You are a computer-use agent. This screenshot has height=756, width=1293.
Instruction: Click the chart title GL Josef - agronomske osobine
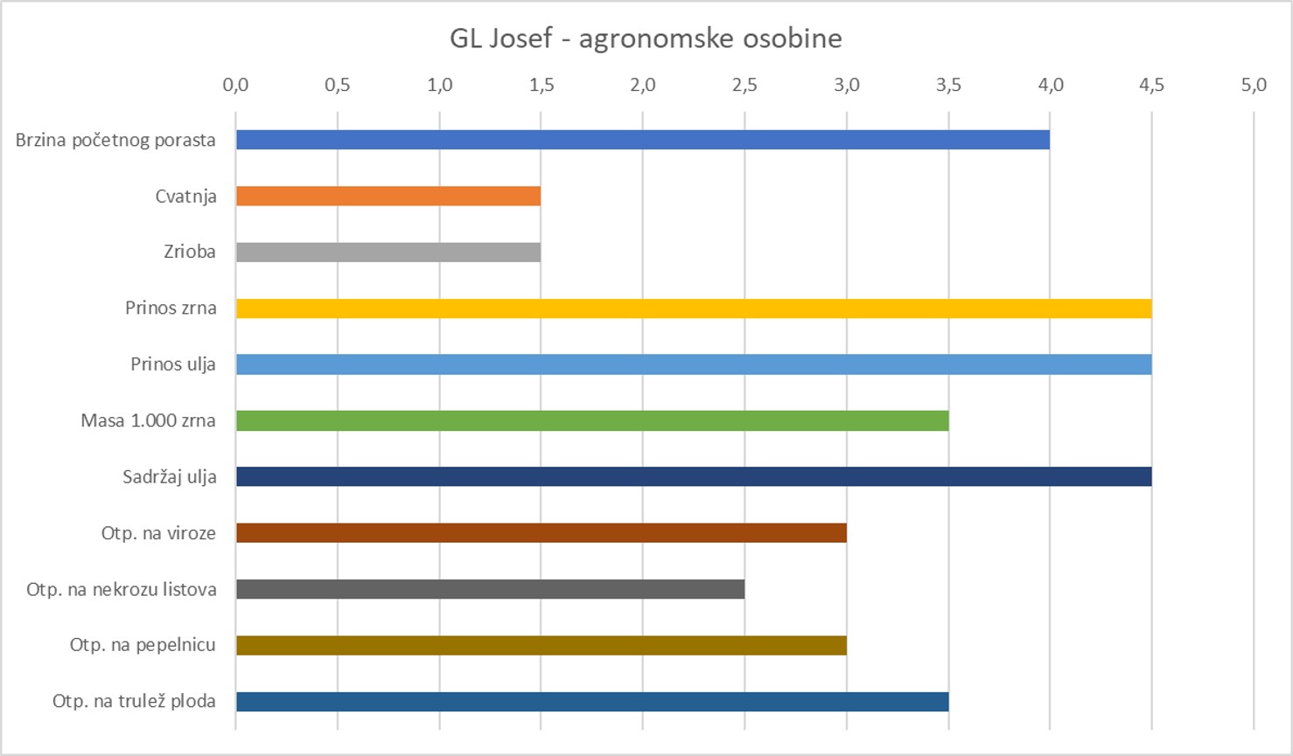(646, 38)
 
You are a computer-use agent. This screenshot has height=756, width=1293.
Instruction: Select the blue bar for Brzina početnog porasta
(642, 140)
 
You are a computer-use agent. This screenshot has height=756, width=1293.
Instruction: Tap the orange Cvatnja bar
(388, 196)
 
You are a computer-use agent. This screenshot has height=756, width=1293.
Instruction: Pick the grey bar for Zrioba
(388, 252)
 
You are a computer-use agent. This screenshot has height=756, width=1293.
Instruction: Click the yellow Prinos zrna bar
(693, 309)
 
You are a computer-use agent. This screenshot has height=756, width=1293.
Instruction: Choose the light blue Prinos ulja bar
(693, 364)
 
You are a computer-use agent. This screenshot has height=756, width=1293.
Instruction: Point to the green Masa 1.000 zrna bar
(591, 420)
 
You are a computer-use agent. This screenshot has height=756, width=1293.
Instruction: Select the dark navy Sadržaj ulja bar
(693, 476)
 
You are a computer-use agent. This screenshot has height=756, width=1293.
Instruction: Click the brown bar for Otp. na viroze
(541, 532)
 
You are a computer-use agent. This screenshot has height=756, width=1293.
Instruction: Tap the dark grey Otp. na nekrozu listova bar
(490, 589)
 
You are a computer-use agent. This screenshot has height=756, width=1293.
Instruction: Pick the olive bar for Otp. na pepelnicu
(541, 645)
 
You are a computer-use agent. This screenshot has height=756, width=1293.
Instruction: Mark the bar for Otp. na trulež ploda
(591, 701)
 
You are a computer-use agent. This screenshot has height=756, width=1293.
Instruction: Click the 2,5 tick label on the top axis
(744, 85)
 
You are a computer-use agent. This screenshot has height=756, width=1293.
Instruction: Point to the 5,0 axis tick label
(1253, 85)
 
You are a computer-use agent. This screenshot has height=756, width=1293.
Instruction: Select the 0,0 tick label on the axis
(235, 85)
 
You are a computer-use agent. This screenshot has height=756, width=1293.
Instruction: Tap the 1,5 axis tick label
(541, 85)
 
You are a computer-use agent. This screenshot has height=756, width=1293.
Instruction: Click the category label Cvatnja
(185, 197)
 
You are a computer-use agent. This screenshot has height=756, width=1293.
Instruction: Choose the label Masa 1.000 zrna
(148, 420)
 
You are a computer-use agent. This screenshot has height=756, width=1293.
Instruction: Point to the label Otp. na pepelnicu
(143, 645)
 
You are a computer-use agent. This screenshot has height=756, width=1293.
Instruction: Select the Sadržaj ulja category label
(169, 477)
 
